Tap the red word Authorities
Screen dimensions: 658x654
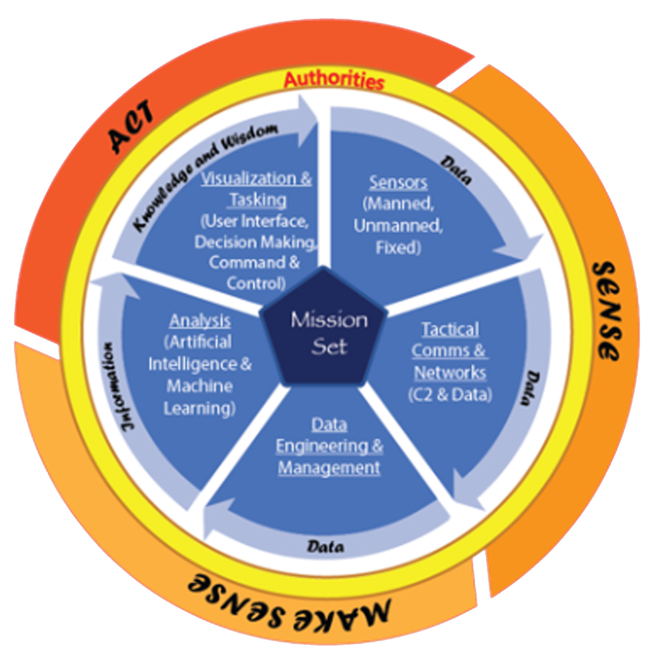coord(334,80)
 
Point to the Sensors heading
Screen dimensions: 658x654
coord(398,182)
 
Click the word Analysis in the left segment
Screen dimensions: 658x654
coord(200,321)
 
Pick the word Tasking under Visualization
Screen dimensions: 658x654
coord(258,200)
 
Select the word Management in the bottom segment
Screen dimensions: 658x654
coord(329,468)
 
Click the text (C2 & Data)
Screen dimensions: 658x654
coord(450,395)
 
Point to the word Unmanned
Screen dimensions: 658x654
coord(398,226)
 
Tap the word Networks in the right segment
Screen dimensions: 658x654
coord(450,373)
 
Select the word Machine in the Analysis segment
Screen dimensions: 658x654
coord(200,386)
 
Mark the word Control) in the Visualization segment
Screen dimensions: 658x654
coord(256,283)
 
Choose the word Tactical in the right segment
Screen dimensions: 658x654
coord(450,329)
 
